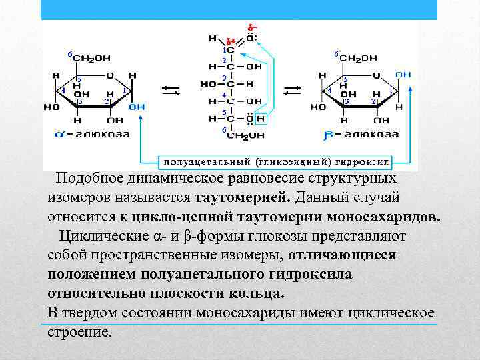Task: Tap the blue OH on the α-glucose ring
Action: click(136, 107)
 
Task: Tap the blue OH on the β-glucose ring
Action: click(403, 74)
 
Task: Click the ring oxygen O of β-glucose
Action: click(375, 75)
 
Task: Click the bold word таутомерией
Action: click(243, 198)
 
